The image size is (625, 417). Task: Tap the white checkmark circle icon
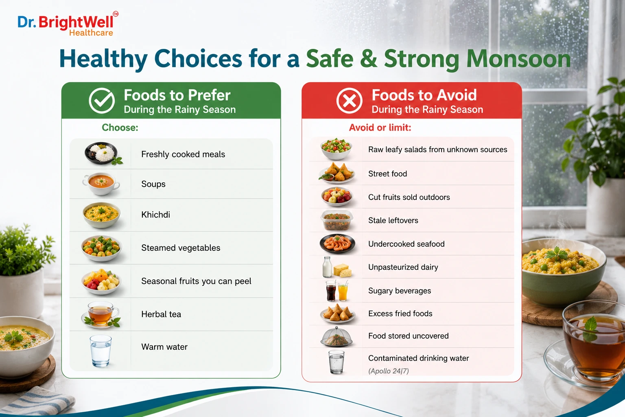(x=102, y=101)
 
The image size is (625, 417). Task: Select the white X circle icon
(x=349, y=101)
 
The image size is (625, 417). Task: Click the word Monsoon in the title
(x=518, y=59)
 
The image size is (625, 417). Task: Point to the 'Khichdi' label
(x=155, y=215)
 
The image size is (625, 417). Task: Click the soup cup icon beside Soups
(x=101, y=184)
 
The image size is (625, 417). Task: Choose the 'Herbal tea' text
(x=161, y=314)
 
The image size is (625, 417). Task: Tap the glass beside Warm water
(x=101, y=351)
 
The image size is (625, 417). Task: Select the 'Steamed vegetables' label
(x=181, y=248)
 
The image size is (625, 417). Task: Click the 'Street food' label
(x=387, y=174)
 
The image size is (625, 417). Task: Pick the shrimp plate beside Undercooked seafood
(x=337, y=244)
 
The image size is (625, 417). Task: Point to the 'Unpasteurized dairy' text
(x=403, y=267)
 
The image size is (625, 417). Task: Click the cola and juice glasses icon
(x=337, y=291)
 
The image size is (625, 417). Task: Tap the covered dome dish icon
(x=337, y=336)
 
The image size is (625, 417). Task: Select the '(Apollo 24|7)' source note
(x=389, y=371)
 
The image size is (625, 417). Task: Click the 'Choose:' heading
(x=120, y=127)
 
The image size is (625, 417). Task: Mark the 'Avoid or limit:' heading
(x=380, y=127)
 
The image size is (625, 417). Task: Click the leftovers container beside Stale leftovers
(x=337, y=220)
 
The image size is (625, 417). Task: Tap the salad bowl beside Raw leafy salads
(x=336, y=149)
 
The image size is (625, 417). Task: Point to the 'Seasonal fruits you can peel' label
(x=196, y=281)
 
